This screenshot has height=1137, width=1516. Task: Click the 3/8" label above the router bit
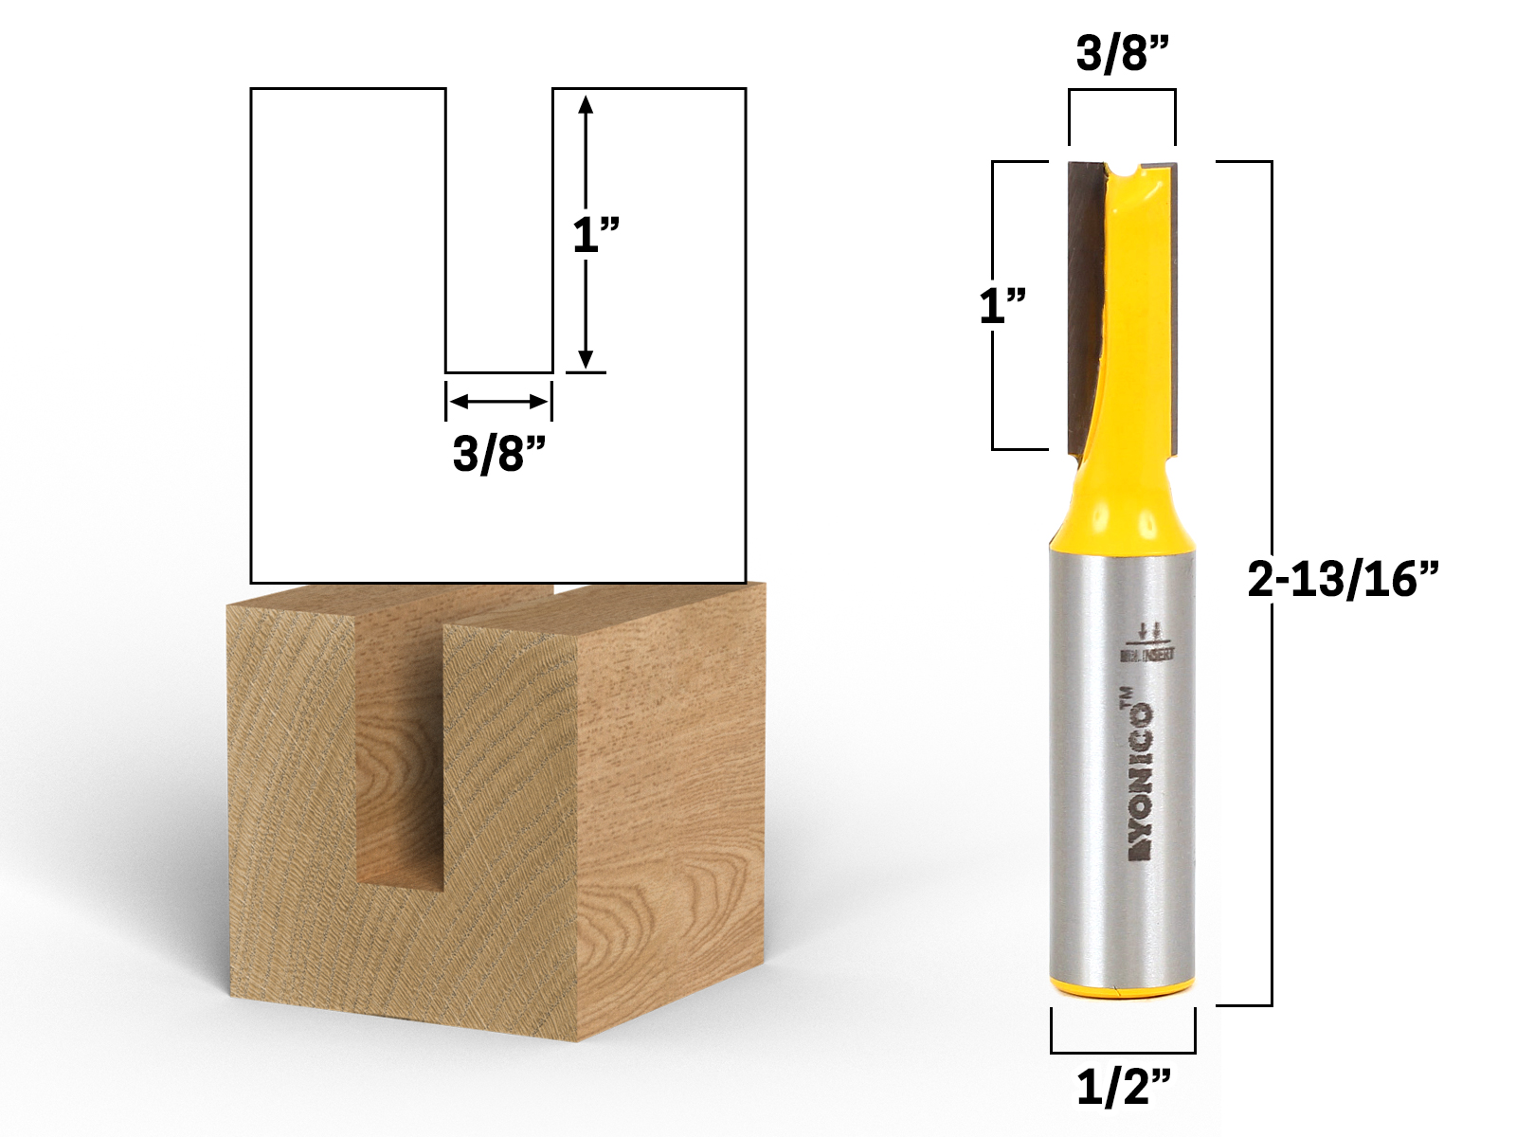point(1123,54)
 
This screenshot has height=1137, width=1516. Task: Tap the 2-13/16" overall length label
point(1344,578)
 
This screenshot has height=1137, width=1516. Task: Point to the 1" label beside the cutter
point(1002,306)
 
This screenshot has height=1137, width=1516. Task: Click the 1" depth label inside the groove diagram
point(596,234)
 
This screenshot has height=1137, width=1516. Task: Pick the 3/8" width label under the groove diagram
point(499,453)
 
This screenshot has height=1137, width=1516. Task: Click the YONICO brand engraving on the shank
point(1139,781)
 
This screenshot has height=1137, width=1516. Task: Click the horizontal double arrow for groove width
point(498,402)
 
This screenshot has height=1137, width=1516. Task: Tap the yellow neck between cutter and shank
point(1122,502)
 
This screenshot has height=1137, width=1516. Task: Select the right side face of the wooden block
point(668,805)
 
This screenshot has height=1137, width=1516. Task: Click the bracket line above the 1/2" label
point(1123,1052)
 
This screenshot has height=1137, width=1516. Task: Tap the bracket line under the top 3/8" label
point(1123,90)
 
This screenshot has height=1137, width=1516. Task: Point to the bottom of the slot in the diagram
point(498,371)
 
